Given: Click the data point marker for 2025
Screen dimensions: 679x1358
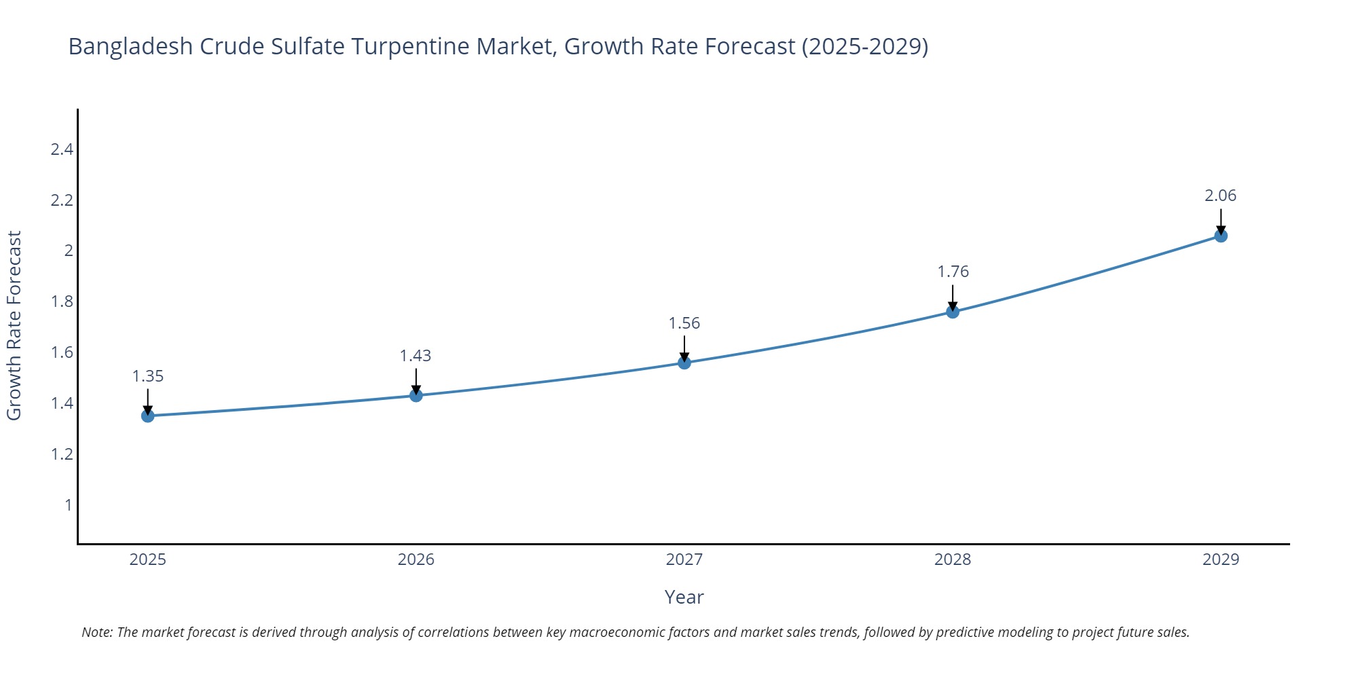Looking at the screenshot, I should click(x=148, y=416).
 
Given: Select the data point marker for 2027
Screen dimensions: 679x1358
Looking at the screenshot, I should click(x=684, y=363).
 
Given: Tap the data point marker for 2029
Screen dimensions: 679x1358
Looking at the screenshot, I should click(x=1221, y=236).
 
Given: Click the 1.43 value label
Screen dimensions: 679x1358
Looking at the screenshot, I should click(x=416, y=356).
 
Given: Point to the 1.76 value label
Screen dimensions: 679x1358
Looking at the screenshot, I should click(x=953, y=272).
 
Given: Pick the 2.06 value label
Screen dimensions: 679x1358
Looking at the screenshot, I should click(x=1220, y=196).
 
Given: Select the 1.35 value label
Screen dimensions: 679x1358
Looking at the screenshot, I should click(x=148, y=376).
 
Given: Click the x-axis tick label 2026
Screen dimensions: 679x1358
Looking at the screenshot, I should click(x=416, y=559).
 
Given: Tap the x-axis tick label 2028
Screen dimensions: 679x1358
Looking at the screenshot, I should click(x=953, y=559).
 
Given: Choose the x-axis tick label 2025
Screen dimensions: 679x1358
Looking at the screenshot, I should click(x=148, y=559).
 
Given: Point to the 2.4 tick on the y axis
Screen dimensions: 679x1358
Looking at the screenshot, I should click(x=62, y=149).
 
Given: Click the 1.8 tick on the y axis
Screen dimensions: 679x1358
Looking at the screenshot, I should click(x=62, y=301).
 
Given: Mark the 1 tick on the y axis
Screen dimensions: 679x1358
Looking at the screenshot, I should click(x=68, y=504).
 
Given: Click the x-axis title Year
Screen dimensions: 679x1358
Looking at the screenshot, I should click(x=684, y=597).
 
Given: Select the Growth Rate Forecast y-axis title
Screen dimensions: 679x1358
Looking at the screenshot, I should click(x=14, y=325).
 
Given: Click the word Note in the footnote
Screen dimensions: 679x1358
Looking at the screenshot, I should click(x=96, y=632).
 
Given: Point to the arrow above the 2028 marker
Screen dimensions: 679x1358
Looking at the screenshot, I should click(x=953, y=297).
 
